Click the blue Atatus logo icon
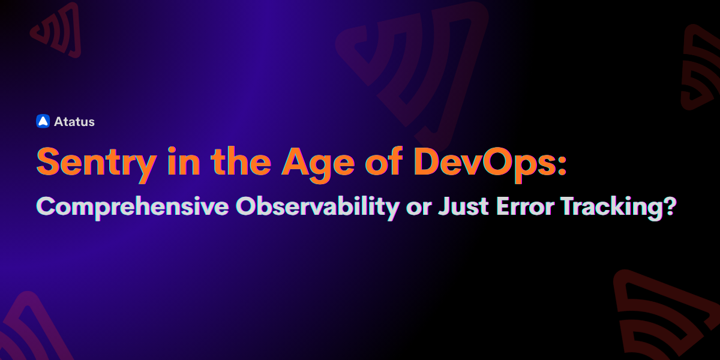43,121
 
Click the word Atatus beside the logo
74,122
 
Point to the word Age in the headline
318,164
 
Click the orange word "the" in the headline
241,161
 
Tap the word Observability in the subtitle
317,208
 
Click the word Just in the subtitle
463,206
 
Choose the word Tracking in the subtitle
612,208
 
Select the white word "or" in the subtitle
419,208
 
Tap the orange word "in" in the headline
184,161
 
